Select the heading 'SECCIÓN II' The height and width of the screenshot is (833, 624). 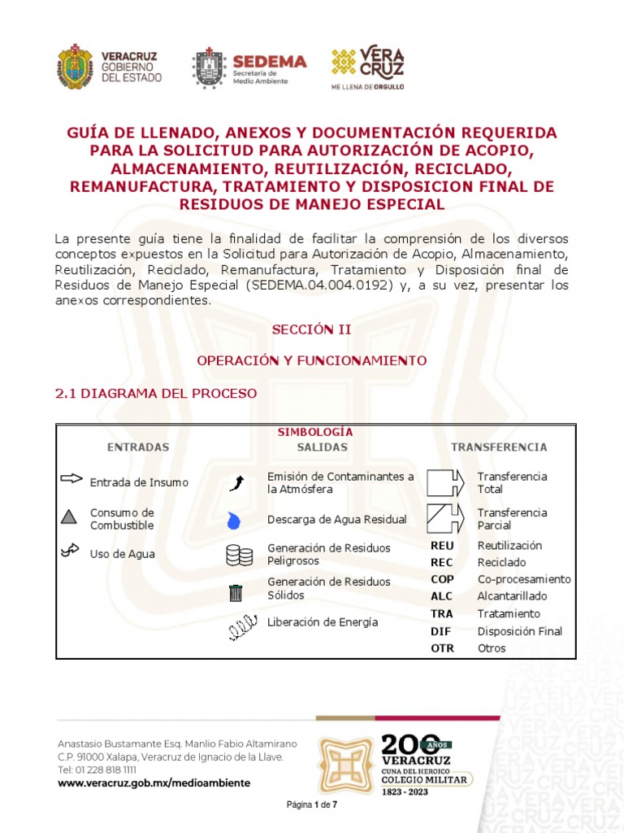311,329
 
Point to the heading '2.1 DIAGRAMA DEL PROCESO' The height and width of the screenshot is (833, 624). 155,393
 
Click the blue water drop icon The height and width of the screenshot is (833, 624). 234,519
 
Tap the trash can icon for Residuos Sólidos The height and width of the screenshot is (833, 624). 236,593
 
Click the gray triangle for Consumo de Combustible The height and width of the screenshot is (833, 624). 69,516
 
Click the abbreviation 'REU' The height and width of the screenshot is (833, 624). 442,546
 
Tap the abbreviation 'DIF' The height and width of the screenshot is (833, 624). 440,631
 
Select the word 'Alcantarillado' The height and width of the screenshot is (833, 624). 512,596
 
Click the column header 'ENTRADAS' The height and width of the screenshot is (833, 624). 138,447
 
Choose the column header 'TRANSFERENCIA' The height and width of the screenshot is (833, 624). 499,447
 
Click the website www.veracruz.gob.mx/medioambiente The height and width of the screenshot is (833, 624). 154,783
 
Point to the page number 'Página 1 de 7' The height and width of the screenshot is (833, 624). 312,805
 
